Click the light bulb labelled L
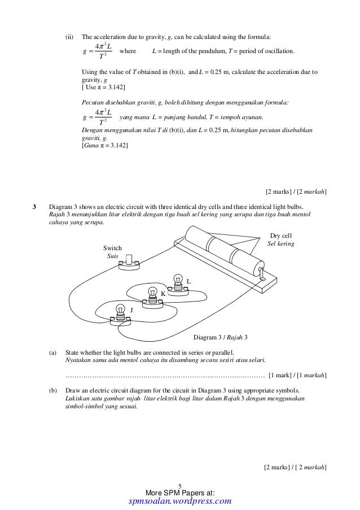tap(179, 281)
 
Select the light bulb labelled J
tap(120, 311)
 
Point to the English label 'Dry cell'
tap(281, 236)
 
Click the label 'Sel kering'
tap(280, 243)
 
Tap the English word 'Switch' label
tap(112, 248)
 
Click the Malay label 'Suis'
tap(112, 256)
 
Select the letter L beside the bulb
tap(189, 281)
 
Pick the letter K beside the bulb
tap(163, 294)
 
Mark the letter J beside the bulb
tap(131, 310)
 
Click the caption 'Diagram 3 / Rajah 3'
tap(221, 337)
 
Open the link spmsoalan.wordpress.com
tap(180, 501)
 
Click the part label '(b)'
tap(53, 390)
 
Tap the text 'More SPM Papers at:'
tap(180, 492)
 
